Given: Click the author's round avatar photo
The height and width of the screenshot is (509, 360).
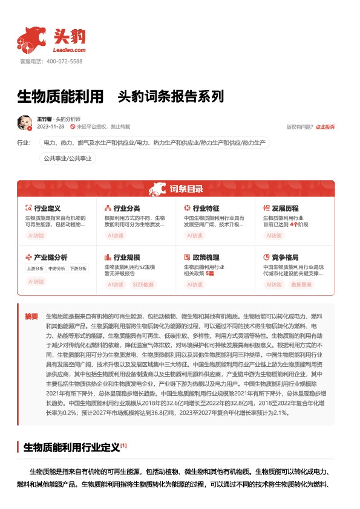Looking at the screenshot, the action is click(25, 123).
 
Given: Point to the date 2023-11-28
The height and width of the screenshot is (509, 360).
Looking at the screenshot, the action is click(51, 127).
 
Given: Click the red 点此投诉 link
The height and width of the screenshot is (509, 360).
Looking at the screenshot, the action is click(325, 127).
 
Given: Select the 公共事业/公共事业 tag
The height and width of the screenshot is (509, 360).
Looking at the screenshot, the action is click(67, 158).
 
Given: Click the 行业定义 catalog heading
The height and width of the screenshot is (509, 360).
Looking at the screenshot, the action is click(47, 208).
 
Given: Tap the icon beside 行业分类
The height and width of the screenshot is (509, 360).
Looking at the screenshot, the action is click(108, 208).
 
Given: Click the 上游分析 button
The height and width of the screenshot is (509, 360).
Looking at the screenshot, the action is click(35, 268).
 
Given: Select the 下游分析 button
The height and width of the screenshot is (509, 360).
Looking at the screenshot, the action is click(77, 268).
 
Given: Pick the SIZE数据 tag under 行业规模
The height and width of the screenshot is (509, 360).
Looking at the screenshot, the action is click(143, 284).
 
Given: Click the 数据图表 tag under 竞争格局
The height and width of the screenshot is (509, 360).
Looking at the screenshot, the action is click(303, 284).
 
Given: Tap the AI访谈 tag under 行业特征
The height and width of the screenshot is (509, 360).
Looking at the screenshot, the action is click(195, 235).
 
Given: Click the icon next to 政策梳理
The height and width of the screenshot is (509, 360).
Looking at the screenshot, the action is click(187, 257).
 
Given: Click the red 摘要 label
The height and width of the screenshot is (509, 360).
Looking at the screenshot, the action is click(31, 316).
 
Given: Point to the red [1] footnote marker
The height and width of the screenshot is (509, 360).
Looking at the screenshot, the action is click(123, 446).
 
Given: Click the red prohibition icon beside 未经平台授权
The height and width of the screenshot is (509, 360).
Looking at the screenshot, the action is click(73, 127).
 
